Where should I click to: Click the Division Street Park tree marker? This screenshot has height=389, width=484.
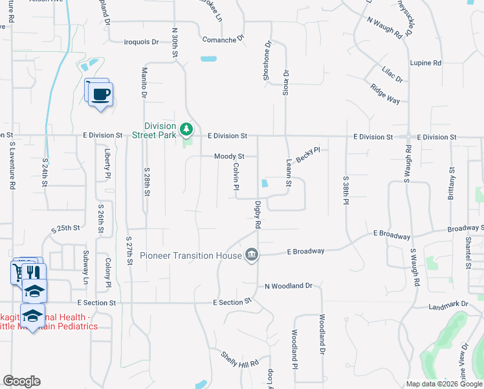186,130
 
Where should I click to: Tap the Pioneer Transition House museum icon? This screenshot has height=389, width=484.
252,255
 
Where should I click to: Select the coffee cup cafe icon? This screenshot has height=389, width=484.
100,95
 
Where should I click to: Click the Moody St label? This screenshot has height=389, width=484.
230,156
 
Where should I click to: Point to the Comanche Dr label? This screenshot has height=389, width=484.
222,39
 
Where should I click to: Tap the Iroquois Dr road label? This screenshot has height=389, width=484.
141,42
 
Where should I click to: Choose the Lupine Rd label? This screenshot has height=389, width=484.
425,63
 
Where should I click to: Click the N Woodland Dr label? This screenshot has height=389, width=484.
289,286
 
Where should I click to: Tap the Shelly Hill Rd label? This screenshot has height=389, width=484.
239,360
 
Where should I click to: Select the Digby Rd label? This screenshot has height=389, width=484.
258,215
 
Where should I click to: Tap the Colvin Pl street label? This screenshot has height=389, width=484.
237,177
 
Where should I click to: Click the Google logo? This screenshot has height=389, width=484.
21,381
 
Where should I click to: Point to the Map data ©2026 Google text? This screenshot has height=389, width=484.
443,384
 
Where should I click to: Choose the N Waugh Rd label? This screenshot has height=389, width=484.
384,28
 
